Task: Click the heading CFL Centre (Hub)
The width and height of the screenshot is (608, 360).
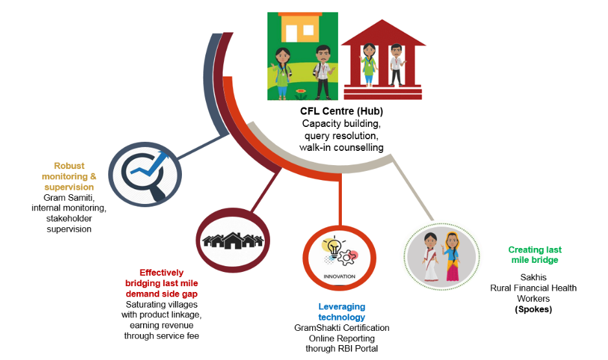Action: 341,111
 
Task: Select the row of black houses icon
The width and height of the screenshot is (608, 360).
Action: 232,240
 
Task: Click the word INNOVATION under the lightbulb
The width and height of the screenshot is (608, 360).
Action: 339,276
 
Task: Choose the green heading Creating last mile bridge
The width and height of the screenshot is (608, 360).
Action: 534,254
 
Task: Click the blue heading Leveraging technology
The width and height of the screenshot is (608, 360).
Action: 341,311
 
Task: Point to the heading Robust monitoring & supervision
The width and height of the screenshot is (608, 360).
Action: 69,176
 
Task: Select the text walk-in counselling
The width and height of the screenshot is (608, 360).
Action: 341,148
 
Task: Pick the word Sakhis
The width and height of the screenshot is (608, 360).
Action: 533,277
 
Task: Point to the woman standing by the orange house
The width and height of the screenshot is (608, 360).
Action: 284,70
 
